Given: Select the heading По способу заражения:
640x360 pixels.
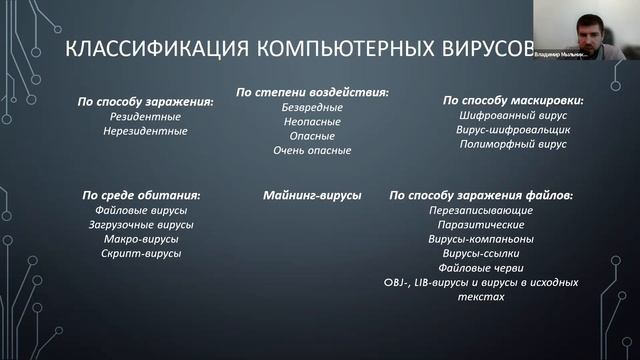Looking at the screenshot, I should [146, 101].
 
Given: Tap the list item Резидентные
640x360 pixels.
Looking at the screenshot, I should [146, 116].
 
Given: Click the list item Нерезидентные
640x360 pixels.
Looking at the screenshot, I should [146, 131].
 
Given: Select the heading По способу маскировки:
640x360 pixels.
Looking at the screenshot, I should [513, 101].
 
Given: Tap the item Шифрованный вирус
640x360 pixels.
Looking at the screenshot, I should [513, 116].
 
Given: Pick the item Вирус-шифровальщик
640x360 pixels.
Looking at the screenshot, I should [513, 130].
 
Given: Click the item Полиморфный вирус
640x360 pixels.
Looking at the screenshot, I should [513, 145].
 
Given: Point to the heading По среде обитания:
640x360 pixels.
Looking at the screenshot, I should [141, 196].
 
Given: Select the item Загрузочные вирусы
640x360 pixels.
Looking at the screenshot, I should [141, 225].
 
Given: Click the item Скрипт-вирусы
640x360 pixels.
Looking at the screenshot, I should [141, 254].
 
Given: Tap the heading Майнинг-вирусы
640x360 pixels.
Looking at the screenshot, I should [312, 196].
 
